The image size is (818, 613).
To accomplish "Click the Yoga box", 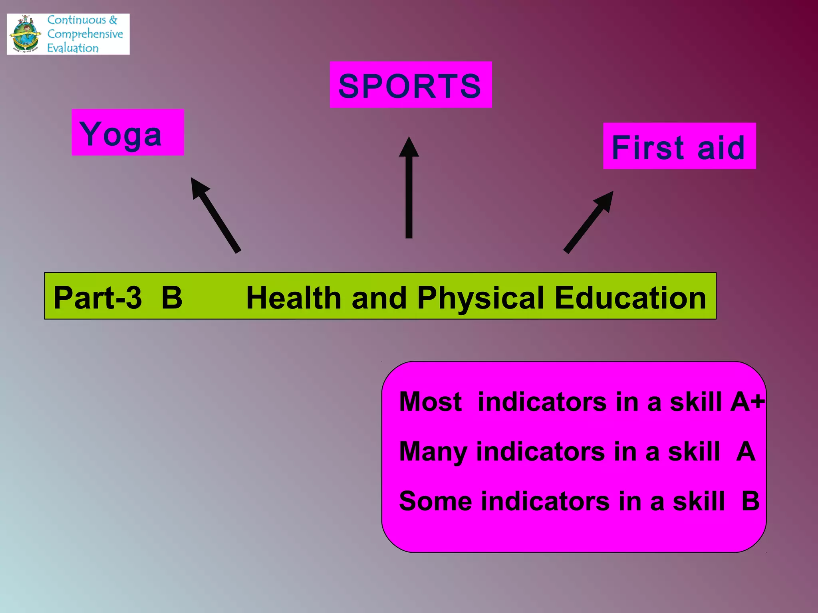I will [127, 132].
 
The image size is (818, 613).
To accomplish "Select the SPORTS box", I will [410, 85].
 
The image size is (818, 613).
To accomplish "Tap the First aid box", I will [679, 146].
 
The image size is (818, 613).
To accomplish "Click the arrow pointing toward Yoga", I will [216, 216].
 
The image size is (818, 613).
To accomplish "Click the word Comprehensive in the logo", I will [85, 34].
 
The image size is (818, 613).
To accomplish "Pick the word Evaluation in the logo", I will [73, 48].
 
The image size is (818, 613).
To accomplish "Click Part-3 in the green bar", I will [98, 298].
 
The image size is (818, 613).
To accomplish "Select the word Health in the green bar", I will [294, 298].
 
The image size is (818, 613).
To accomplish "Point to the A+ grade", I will [747, 401].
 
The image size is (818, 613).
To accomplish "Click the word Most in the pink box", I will [430, 401].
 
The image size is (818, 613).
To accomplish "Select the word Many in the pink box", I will [433, 452].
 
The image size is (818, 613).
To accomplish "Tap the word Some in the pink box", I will [435, 501].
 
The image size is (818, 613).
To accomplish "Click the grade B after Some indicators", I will [750, 501].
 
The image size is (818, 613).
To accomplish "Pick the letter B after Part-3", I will [172, 298].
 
